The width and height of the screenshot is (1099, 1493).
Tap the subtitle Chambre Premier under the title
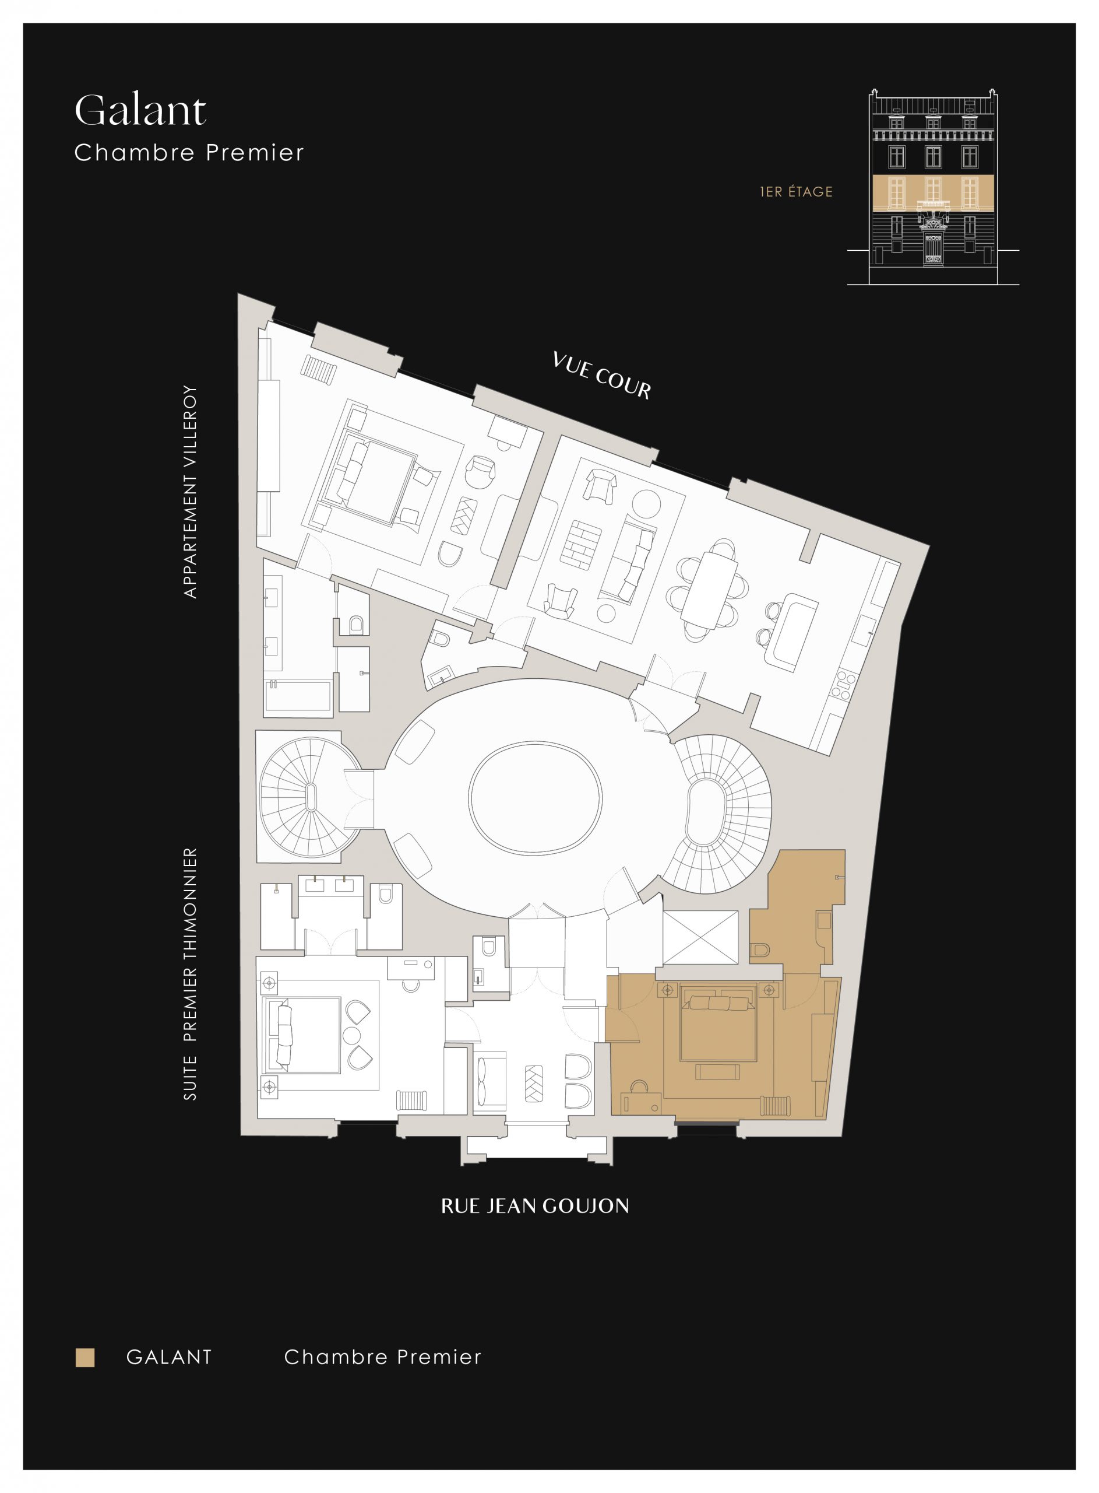[189, 153]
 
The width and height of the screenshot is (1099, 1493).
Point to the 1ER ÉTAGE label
[797, 192]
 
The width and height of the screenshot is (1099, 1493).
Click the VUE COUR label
[601, 376]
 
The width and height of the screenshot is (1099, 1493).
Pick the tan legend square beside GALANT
[85, 1357]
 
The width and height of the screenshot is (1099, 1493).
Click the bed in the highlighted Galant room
[718, 1026]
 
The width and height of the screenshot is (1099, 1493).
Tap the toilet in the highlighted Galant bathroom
[760, 950]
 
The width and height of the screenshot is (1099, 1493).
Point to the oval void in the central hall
[535, 797]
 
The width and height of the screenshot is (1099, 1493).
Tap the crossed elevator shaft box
[701, 937]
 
